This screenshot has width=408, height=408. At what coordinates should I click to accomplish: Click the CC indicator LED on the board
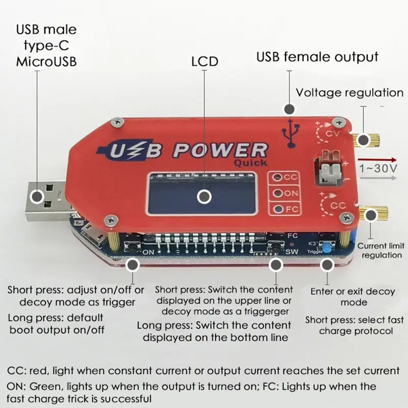coord(278,177)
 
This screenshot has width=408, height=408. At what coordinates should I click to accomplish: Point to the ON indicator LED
coord(278,193)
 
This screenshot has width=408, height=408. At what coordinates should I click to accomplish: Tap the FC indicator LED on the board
coord(278,209)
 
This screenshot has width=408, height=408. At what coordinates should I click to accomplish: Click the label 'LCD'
coord(205,62)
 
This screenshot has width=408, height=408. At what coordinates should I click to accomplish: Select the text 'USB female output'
coord(317,57)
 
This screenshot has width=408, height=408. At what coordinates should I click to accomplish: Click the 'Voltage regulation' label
coord(349,92)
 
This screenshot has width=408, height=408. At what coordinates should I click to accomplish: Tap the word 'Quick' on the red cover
coord(250,163)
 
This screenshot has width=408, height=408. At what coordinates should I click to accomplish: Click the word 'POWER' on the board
coord(220,150)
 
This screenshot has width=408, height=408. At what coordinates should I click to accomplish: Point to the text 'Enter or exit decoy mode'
coord(352,297)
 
